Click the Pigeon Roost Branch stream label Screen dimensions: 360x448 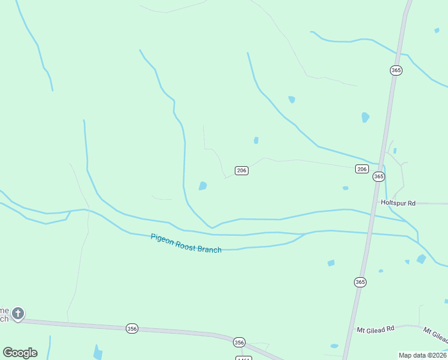click(x=186, y=243)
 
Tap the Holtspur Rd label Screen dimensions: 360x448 click(x=398, y=203)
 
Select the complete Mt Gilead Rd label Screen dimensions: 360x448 click(x=376, y=329)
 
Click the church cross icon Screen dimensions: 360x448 click(x=18, y=313)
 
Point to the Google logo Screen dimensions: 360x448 click(x=20, y=353)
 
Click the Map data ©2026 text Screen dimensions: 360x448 click(x=422, y=355)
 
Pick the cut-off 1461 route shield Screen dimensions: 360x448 click(x=243, y=358)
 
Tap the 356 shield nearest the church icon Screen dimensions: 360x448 click(x=132, y=328)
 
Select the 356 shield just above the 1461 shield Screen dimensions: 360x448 click(x=239, y=342)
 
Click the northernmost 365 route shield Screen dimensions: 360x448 click(x=396, y=70)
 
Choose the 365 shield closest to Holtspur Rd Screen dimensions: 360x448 click(x=379, y=176)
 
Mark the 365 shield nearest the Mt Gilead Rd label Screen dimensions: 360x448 click(x=359, y=282)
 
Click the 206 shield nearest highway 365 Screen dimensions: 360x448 click(x=362, y=169)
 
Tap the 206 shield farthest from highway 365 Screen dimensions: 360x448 click(x=241, y=170)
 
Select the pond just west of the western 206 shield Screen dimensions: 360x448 click(x=203, y=186)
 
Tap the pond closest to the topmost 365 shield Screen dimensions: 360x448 click(x=365, y=117)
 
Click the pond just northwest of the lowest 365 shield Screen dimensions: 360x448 click(x=331, y=263)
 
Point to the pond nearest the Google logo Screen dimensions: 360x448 click(x=98, y=352)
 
